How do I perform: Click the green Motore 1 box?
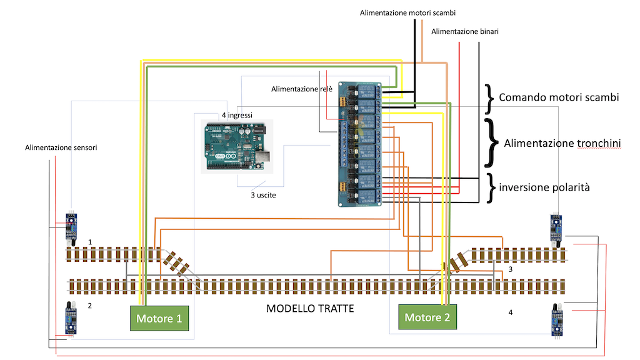pyautogui.click(x=159, y=319)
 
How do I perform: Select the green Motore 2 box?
pyautogui.click(x=427, y=317)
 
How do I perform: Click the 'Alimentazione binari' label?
pyautogui.click(x=465, y=31)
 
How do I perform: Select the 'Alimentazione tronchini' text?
pyautogui.click(x=562, y=143)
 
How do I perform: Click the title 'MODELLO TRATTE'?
pyautogui.click(x=310, y=308)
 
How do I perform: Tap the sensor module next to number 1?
pyautogui.click(x=72, y=225)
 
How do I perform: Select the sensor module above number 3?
pyautogui.click(x=555, y=227)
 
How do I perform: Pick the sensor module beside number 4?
pyautogui.click(x=555, y=318)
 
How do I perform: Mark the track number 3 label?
pyautogui.click(x=511, y=269)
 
